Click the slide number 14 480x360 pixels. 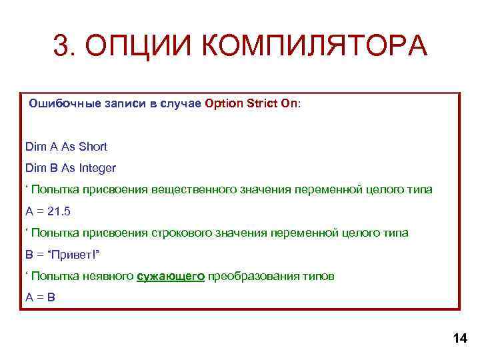point(460,339)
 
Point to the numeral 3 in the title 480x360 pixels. point(62,47)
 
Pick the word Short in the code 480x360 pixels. point(93,146)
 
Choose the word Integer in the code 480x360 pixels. point(97,167)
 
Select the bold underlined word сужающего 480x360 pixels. point(171,275)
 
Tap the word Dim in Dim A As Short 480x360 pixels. point(34,146)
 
